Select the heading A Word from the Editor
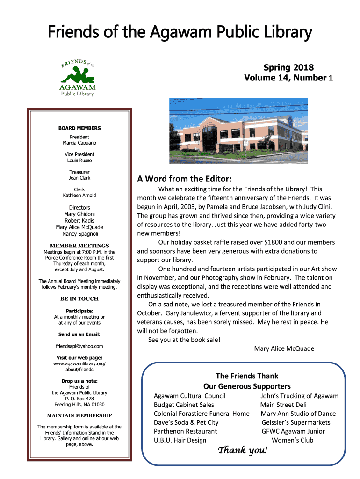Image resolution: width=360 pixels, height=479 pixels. [x=184, y=179]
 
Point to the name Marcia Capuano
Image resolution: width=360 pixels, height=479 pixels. [x=79, y=143]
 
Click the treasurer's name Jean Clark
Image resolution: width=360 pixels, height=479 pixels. [x=79, y=178]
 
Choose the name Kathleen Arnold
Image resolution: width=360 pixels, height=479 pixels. [x=79, y=195]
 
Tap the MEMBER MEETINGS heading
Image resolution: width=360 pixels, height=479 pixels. [x=79, y=245]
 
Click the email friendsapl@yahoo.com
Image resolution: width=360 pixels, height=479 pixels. [x=79, y=346]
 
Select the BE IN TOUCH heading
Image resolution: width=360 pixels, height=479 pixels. [x=79, y=298]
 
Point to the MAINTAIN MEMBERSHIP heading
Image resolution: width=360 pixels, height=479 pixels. [x=79, y=415]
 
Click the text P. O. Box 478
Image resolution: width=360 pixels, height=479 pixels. [x=79, y=399]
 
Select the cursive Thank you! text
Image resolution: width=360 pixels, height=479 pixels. [x=243, y=450]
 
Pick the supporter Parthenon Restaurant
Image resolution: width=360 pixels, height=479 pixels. [x=185, y=431]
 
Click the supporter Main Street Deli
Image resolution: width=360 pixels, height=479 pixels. [x=283, y=405]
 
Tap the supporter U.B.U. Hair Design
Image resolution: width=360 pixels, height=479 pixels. [x=180, y=440]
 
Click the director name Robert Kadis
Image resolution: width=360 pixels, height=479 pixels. [x=79, y=221]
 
